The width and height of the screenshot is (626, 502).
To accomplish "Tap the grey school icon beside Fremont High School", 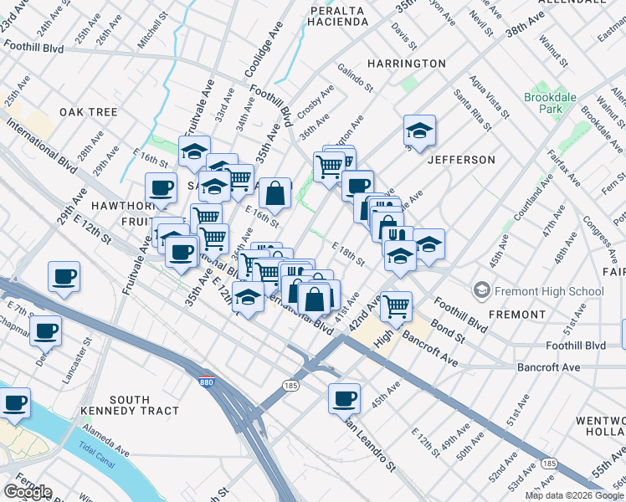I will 482,291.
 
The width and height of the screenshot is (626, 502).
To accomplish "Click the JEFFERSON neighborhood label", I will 461,159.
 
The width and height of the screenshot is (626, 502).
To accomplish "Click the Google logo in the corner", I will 28,492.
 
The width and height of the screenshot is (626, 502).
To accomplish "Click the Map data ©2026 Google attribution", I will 575,495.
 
